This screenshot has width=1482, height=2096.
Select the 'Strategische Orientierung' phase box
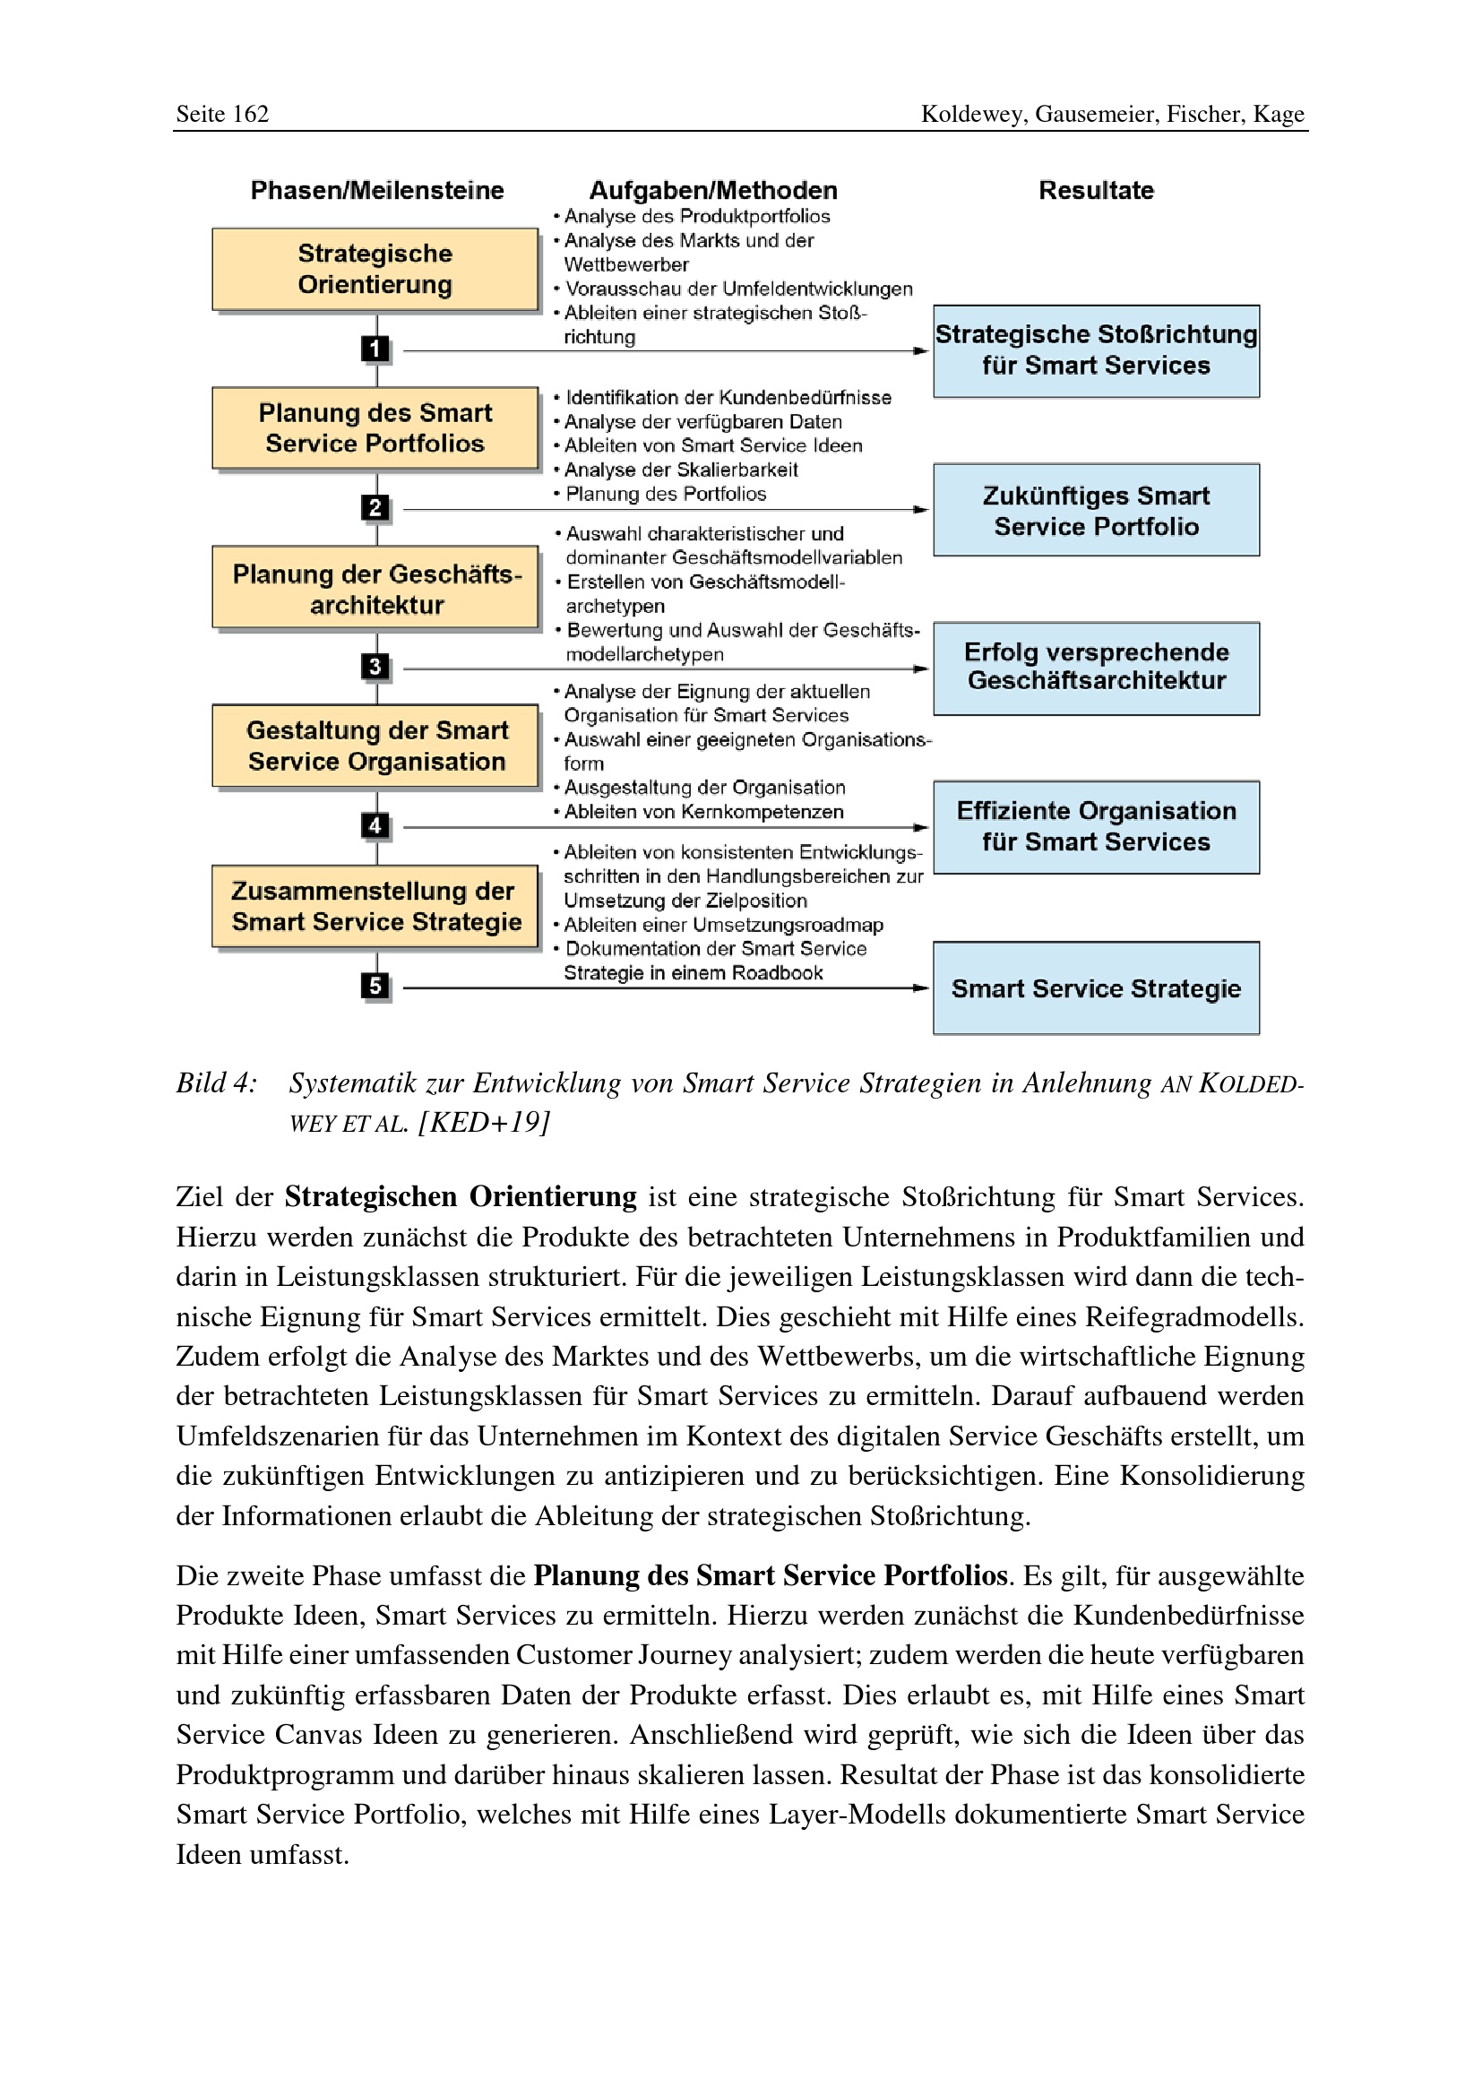pyautogui.click(x=375, y=270)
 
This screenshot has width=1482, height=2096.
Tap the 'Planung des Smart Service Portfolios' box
pyautogui.click(x=375, y=428)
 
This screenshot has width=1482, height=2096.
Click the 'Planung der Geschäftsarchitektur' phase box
pyautogui.click(x=375, y=589)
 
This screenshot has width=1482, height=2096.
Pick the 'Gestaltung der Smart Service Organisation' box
pyautogui.click(x=375, y=746)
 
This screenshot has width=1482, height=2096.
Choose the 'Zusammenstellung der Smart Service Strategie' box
pyautogui.click(x=375, y=907)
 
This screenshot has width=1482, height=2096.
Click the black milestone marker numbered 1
pyautogui.click(x=375, y=349)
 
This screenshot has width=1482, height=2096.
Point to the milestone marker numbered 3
pyautogui.click(x=375, y=668)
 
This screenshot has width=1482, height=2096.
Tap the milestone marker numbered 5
pyautogui.click(x=375, y=986)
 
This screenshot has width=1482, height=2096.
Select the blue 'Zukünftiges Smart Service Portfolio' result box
pyautogui.click(x=1096, y=510)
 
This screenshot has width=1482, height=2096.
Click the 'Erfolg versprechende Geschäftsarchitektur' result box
pyautogui.click(x=1096, y=668)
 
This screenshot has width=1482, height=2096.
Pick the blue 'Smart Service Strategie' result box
pyautogui.click(x=1096, y=988)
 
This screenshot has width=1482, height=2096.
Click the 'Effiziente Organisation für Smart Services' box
pyautogui.click(x=1096, y=827)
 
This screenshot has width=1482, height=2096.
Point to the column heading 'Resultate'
pyautogui.click(x=1096, y=191)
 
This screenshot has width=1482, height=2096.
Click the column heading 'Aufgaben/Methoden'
pyautogui.click(x=712, y=191)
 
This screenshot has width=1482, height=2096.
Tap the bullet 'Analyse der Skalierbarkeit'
pyautogui.click(x=681, y=470)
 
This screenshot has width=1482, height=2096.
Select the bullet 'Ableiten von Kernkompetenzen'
pyautogui.click(x=702, y=813)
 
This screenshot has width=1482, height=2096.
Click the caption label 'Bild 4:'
pyautogui.click(x=217, y=1083)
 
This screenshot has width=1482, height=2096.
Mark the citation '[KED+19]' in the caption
pyautogui.click(x=484, y=1123)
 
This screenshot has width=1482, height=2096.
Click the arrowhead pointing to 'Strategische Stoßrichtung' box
pyautogui.click(x=922, y=350)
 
